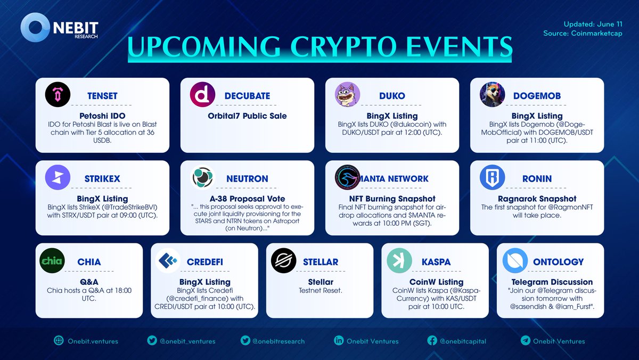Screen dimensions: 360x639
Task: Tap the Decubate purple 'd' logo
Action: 202,95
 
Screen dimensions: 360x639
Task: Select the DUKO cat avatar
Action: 347,95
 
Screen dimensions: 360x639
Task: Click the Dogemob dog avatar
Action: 493,95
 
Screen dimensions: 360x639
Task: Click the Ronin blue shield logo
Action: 493,178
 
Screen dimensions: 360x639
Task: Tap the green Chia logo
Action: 53,261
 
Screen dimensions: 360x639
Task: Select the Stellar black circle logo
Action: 284,261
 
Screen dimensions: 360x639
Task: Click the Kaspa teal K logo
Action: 399,261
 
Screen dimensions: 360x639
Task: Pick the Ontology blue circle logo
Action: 515,261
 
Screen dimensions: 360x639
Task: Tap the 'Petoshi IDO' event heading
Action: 101,116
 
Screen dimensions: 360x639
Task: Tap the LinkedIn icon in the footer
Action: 338,341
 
